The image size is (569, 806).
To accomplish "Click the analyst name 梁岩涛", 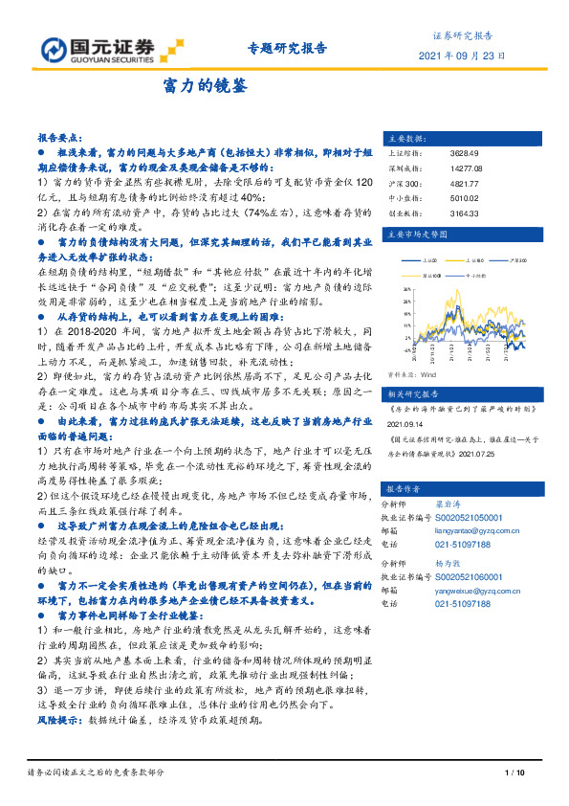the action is point(463,503).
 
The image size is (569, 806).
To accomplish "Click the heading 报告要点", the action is point(58,138).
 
